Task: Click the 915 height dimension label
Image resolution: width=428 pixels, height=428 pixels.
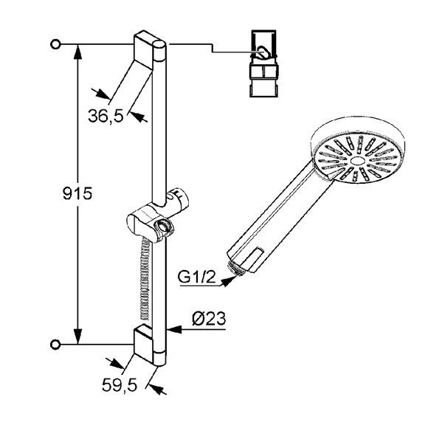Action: [77, 194]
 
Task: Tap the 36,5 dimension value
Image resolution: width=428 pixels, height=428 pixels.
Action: [106, 115]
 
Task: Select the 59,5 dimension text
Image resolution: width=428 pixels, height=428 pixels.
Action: [120, 385]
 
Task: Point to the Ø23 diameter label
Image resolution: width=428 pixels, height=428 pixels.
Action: [209, 318]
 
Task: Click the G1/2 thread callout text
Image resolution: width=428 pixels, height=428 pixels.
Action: [196, 277]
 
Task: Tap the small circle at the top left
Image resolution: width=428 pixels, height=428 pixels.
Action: [55, 44]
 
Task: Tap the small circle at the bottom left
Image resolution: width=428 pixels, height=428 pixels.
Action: [55, 345]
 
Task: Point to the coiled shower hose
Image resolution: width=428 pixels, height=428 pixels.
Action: [145, 278]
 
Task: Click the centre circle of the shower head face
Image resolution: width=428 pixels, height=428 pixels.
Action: [356, 161]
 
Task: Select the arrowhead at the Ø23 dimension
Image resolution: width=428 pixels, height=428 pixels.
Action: [174, 330]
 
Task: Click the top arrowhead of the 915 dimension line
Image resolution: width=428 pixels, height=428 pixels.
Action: [78, 52]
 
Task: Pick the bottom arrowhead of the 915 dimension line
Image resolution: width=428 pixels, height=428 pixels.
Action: [78, 336]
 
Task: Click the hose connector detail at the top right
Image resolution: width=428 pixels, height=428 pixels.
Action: [263, 63]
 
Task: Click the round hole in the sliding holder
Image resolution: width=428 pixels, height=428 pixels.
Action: [163, 226]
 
